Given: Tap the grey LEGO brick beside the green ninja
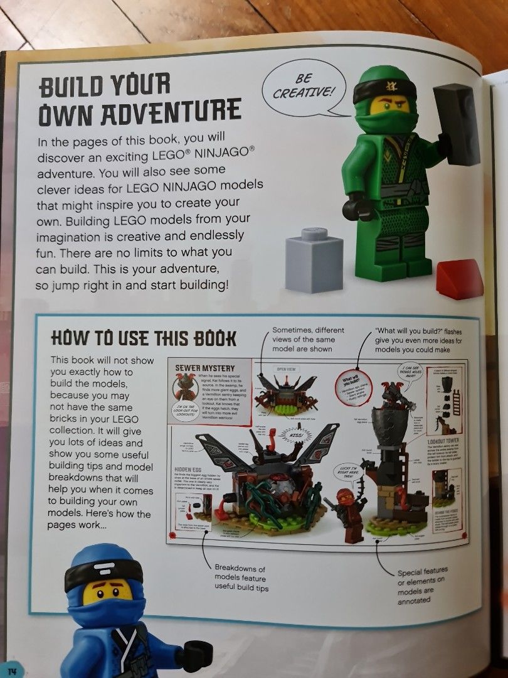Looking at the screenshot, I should pyautogui.click(x=315, y=261).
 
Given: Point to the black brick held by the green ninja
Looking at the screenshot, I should pyautogui.click(x=457, y=124).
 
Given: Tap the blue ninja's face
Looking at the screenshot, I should pyautogui.click(x=108, y=592).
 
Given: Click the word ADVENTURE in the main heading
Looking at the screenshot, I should pyautogui.click(x=139, y=112).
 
